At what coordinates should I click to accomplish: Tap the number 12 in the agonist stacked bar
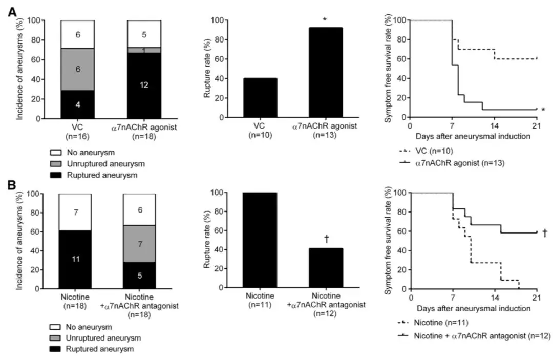144,86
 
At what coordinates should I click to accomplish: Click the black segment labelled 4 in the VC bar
77,105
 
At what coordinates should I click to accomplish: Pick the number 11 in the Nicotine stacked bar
75,260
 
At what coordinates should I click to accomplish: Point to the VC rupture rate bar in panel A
260,98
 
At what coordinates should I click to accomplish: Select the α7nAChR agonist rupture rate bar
325,72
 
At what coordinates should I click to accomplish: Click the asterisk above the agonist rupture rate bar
325,19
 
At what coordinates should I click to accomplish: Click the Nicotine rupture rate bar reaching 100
260,240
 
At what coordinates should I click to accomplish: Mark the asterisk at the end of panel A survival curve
542,110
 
